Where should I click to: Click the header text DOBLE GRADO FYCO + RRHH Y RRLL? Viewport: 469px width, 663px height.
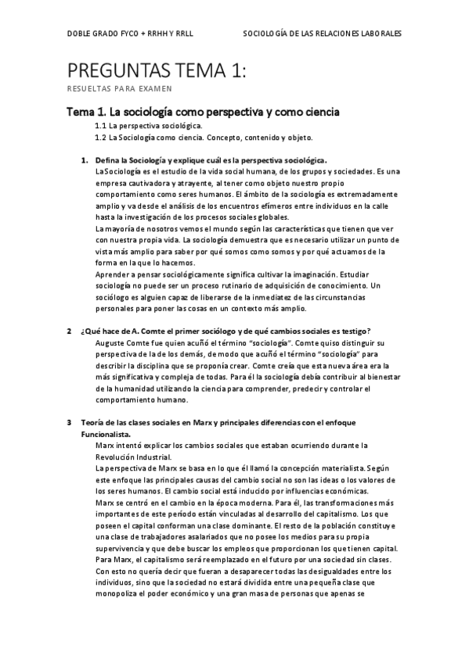130,35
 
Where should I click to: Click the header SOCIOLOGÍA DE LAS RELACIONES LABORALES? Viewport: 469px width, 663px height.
323,35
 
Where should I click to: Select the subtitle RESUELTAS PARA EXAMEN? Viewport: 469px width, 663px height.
119,88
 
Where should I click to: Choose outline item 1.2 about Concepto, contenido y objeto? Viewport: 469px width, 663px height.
204,138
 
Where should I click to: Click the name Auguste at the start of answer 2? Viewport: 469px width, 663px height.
110,342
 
